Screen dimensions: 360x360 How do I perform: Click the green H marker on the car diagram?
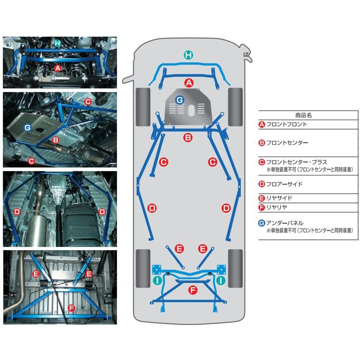click(189, 55)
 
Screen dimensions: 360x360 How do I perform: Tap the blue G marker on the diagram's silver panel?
click(179, 99)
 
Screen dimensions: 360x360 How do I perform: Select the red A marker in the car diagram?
click(189, 82)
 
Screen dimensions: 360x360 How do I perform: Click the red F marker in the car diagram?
click(193, 290)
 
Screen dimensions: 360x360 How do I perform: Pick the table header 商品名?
click(304, 115)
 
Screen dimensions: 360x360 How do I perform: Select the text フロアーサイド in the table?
click(284, 184)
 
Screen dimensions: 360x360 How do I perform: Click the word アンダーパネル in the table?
click(285, 223)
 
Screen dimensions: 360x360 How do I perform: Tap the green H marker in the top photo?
click(57, 44)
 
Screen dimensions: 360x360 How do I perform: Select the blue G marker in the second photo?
click(27, 128)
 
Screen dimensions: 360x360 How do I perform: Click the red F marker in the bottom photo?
click(70, 308)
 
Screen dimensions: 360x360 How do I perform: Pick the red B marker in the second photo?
click(56, 140)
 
